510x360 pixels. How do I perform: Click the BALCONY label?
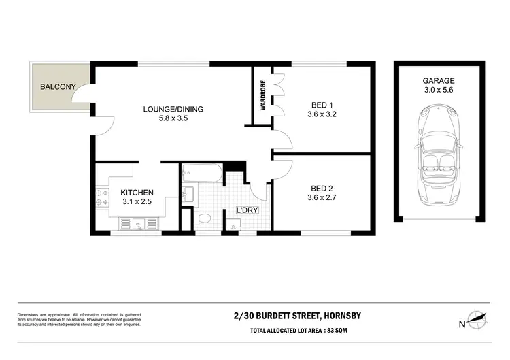coord(58,87)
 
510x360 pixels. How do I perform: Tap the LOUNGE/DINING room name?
coord(173,109)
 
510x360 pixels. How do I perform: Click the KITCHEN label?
coord(137,193)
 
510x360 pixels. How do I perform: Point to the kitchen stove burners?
coord(102,197)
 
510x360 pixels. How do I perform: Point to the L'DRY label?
coord(247,210)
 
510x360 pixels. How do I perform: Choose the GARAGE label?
coord(438,80)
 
